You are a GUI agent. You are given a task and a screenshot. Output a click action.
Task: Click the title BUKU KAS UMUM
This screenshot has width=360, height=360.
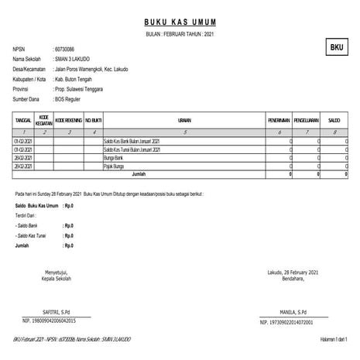click(182, 22)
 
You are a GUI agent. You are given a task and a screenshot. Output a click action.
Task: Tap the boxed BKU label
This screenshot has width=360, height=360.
click(336, 48)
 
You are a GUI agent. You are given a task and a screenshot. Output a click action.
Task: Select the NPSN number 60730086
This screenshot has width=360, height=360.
click(64, 49)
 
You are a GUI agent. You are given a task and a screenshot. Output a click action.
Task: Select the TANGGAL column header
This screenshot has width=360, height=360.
click(23, 120)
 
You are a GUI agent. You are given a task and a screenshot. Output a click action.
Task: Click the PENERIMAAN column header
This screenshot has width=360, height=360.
click(279, 120)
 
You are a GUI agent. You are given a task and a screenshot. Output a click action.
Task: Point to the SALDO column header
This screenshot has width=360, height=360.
click(334, 120)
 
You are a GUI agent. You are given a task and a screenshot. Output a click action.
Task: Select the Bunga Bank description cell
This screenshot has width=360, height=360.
click(114, 157)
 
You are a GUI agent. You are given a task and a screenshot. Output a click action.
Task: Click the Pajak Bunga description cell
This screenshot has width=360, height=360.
click(115, 166)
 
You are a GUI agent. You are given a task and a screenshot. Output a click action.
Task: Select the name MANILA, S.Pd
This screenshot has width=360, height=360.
click(290, 310)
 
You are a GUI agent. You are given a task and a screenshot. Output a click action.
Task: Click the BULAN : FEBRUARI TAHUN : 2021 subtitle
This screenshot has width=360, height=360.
click(182, 36)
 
